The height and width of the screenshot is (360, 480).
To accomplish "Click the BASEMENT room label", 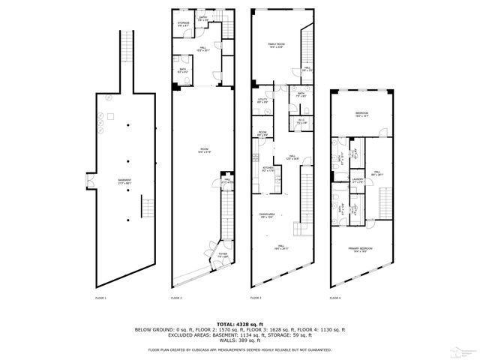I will (x=114, y=181).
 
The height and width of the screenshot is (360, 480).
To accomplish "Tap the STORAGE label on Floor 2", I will (x=183, y=23).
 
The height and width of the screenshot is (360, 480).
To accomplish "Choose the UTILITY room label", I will (x=262, y=100).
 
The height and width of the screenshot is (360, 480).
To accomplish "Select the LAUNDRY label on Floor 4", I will (x=358, y=179).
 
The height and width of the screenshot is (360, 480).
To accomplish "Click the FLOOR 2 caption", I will (x=176, y=298).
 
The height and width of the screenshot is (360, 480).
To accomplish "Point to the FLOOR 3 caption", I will (x=255, y=298).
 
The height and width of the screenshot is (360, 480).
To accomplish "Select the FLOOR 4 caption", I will (x=334, y=298).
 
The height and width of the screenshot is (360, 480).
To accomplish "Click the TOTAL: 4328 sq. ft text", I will (x=240, y=322).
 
